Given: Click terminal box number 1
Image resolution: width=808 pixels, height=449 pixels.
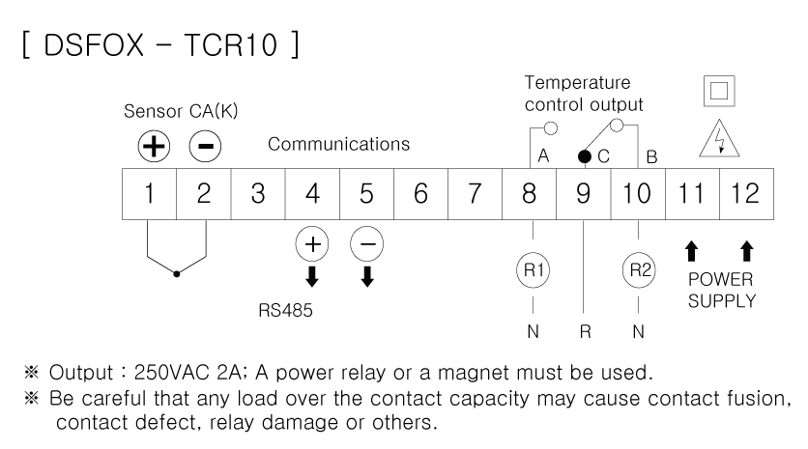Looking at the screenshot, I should tap(149, 192).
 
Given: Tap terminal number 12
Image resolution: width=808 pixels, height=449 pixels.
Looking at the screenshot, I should tap(745, 192).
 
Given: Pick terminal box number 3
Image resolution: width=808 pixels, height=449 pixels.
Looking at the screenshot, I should tap(257, 192).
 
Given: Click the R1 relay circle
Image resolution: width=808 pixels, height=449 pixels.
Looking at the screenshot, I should tap(529, 270).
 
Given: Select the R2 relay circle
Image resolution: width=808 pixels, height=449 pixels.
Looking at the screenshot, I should tap(637, 270).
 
